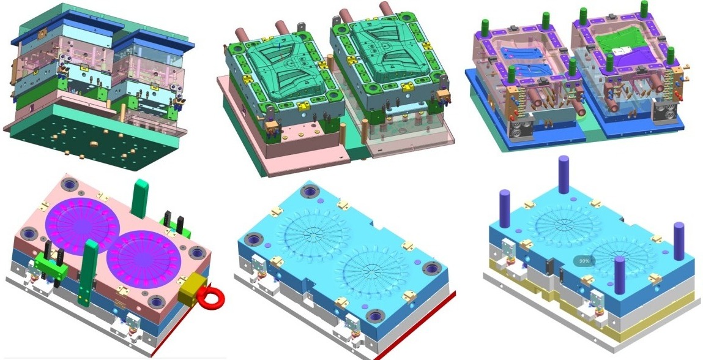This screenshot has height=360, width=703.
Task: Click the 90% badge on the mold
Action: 584,260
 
